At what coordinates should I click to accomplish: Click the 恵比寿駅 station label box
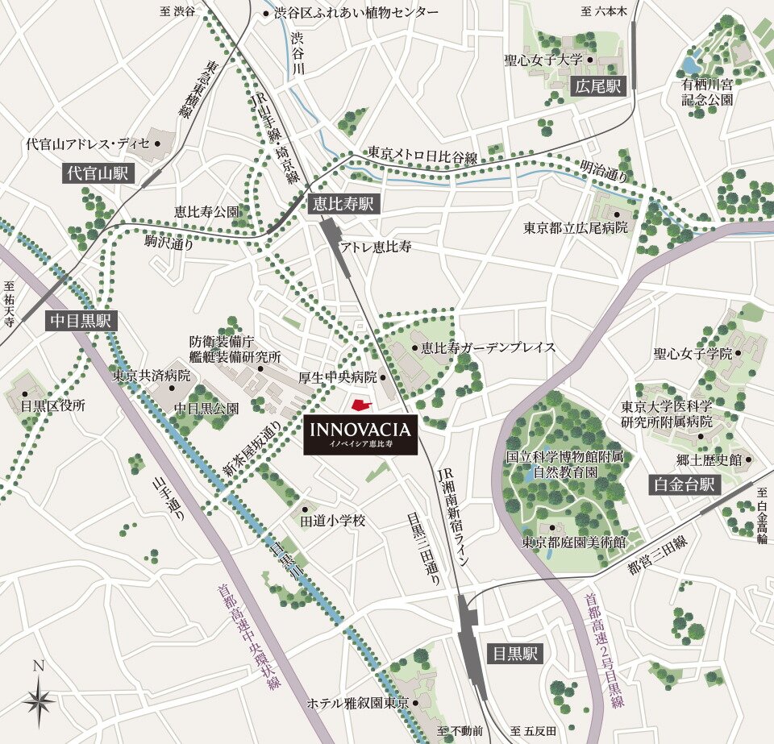[343, 205]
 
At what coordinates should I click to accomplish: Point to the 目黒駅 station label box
[515, 653]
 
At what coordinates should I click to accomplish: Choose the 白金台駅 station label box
[684, 484]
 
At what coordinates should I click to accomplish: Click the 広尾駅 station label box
[597, 86]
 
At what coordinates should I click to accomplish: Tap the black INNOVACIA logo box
[360, 436]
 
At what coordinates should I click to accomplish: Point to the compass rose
[38, 698]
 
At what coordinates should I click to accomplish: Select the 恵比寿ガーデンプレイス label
[488, 347]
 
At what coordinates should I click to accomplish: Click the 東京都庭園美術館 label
[573, 542]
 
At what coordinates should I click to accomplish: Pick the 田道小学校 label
[333, 522]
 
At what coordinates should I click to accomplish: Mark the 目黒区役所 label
[53, 405]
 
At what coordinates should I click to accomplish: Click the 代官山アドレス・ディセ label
[88, 144]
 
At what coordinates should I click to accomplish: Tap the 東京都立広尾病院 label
[574, 228]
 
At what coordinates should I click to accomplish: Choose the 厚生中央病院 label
[337, 377]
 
